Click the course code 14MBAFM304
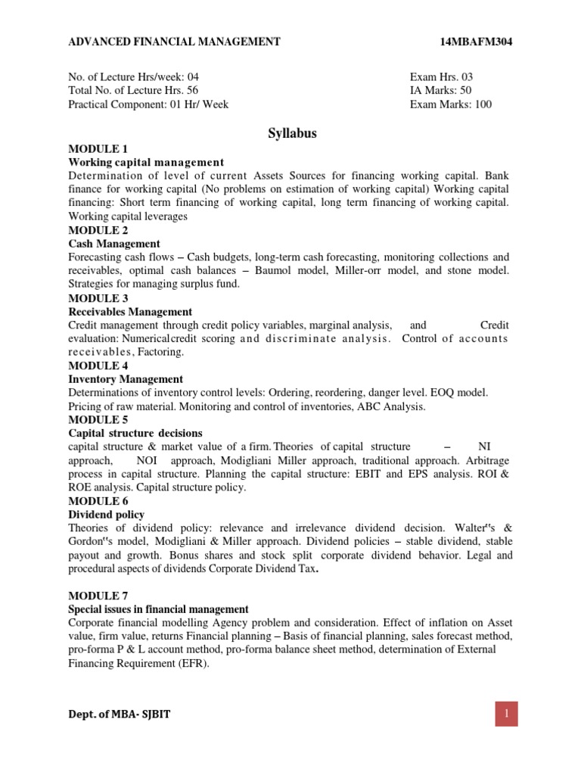[476, 42]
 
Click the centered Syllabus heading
[292, 134]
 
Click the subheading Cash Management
[114, 244]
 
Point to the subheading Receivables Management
[130, 312]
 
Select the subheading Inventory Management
[126, 379]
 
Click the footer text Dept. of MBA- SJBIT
[120, 715]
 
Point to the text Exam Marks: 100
[450, 104]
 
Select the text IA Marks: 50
[440, 91]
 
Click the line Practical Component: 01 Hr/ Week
[148, 104]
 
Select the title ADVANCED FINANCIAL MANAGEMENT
[175, 42]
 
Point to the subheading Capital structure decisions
[135, 434]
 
